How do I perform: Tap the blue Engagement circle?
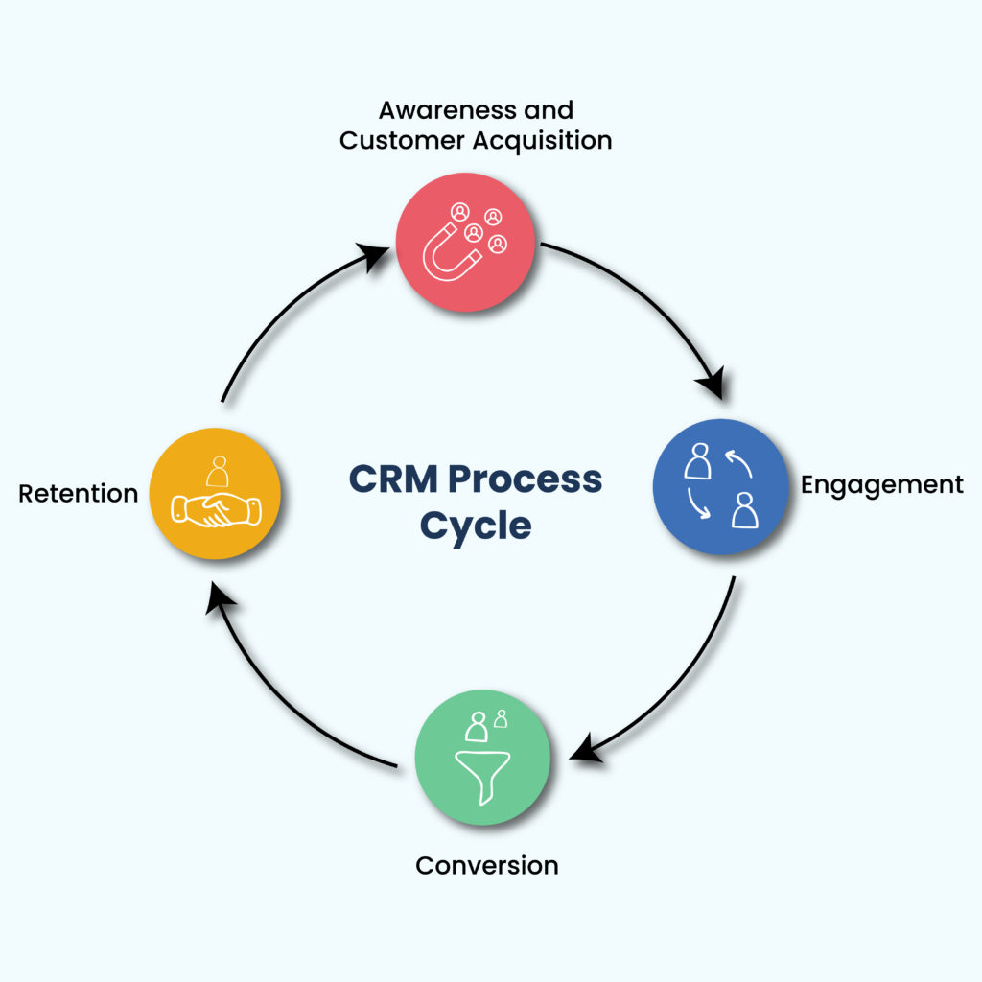720,487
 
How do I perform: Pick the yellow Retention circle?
215,493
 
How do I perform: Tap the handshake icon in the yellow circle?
215,508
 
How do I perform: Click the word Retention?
79,494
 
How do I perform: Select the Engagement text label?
881,485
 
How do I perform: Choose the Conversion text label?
486,865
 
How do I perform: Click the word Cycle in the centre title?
476,526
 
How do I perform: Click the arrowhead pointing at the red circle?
375,255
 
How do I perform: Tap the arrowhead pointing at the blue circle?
711,385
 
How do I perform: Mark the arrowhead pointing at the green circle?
584,744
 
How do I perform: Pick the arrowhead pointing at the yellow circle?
222,599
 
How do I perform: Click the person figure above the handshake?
219,471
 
